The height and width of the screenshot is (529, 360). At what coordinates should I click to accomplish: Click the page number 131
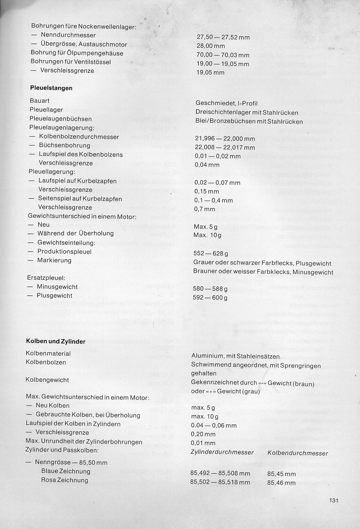334,500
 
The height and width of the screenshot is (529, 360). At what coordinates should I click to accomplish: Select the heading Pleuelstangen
51,88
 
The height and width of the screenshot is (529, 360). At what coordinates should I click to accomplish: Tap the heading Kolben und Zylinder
55,341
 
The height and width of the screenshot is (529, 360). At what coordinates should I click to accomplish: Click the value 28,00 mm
211,46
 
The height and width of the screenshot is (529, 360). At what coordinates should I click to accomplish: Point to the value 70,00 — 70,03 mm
223,55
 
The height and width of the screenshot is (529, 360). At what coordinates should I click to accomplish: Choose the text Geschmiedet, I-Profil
226,103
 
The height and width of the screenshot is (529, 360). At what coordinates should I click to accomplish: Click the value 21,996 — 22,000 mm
225,138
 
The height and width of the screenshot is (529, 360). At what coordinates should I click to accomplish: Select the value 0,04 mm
207,164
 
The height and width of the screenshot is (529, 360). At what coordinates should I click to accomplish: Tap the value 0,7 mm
204,209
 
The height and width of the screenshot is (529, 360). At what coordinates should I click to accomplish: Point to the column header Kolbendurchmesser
298,453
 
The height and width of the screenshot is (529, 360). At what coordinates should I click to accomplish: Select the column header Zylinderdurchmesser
222,452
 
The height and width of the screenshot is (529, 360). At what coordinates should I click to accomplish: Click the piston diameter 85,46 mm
281,483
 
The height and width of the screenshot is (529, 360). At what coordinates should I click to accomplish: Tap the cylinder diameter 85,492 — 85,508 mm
220,474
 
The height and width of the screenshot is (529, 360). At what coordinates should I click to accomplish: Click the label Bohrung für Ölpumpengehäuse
77,53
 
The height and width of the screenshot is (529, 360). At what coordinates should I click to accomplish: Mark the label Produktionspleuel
65,252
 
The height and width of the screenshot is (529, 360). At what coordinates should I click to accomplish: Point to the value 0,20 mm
203,434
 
